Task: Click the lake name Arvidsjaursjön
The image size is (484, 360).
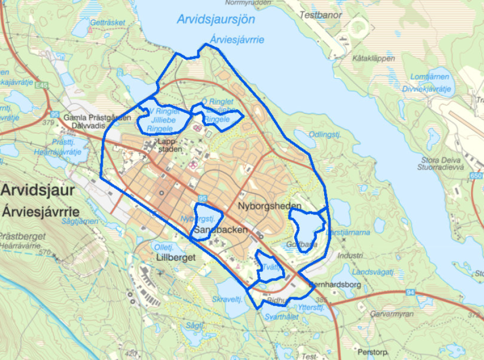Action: coord(216,19)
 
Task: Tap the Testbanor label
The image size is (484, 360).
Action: coord(321,15)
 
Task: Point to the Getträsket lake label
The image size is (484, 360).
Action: coord(108,23)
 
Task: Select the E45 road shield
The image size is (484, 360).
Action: coord(43,84)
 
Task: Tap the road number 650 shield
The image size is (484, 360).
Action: coord(477,176)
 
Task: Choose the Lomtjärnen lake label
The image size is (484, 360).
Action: coord(430,77)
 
